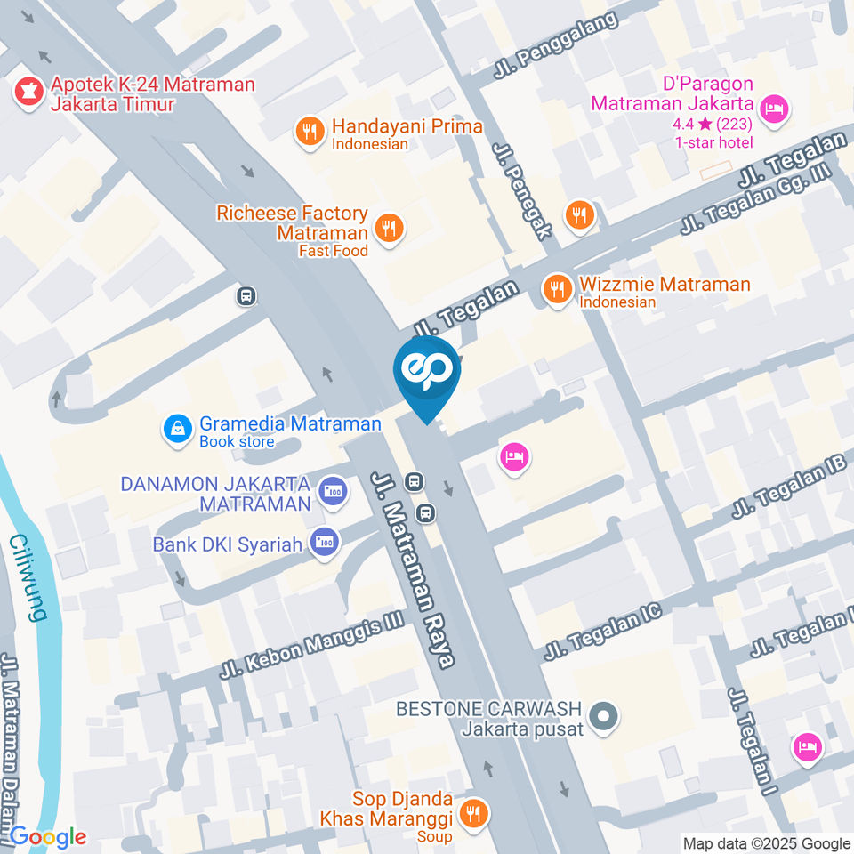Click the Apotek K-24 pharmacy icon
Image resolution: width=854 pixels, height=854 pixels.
pos(28,94)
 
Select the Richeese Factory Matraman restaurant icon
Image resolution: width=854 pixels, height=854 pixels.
pos(389,228)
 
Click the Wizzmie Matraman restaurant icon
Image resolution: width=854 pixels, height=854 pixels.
pos(558,288)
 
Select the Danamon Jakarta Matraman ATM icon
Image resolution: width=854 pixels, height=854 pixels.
pos(334,491)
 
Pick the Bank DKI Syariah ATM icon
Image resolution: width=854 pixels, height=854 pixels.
pos(322,543)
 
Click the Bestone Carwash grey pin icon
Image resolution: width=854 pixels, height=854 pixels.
pos(604,715)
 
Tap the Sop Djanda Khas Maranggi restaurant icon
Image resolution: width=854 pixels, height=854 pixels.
pos(474,813)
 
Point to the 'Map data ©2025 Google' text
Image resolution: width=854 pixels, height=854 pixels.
pos(766,843)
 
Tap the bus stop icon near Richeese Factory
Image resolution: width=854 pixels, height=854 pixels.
pos(246,296)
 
